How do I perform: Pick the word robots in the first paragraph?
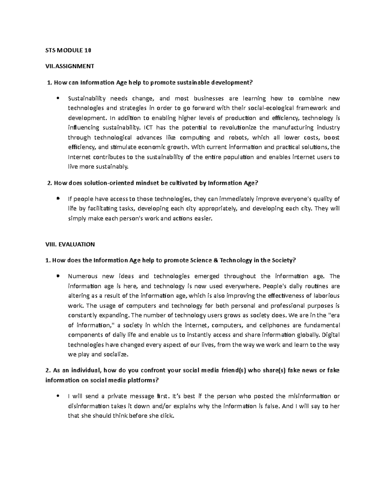238,137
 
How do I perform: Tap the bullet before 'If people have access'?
58,199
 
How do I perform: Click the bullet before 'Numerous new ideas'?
58,276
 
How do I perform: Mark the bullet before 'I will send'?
58,396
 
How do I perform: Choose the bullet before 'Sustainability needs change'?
58,99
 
